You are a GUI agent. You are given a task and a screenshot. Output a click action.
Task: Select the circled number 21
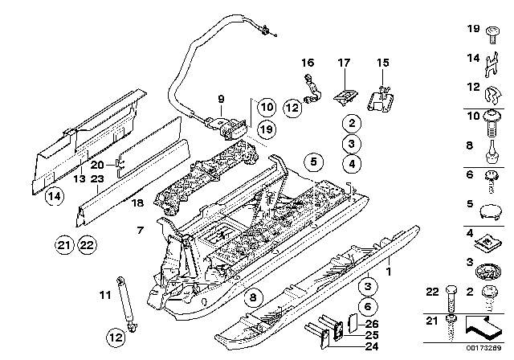[63, 244]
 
